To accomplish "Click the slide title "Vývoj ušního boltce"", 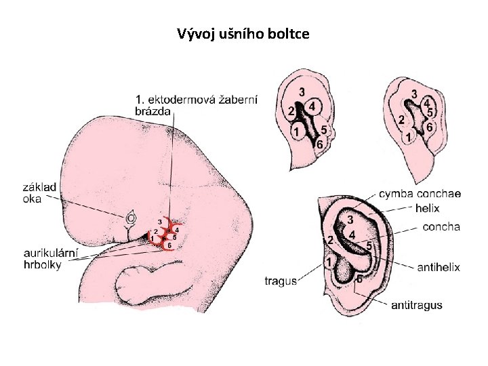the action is pos(243,33).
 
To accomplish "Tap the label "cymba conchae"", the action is pos(420,194).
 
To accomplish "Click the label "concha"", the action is pos(441,226).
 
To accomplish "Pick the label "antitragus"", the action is pos(417,305).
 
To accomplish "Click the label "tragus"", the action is pos(281,281).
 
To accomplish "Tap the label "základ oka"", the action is pos(40,192).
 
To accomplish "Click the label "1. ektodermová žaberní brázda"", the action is pos(196,106).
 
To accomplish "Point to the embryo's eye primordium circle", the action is pos(131,218).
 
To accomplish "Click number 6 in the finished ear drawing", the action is pos(359,279).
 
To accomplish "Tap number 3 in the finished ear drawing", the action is pos(350,220).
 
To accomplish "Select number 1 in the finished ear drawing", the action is pos(329,262).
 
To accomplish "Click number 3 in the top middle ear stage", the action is pos(302,92).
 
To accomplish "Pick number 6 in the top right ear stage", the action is pos(430,125).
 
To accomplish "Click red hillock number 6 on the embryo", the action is pos(169,245).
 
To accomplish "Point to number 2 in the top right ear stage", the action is pos(401,119).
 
